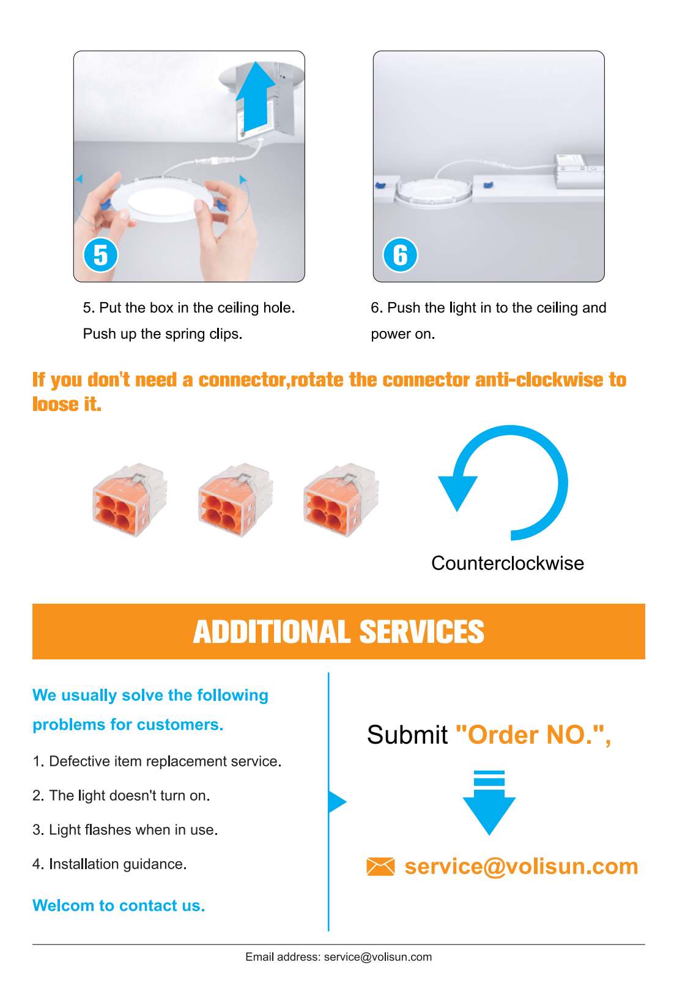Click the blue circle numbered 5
(x=100, y=255)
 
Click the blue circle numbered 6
(x=400, y=255)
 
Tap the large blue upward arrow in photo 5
(x=256, y=97)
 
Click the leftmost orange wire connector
(x=130, y=500)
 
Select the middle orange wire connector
(x=235, y=500)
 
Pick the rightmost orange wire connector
(x=341, y=500)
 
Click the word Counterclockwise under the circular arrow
(x=507, y=563)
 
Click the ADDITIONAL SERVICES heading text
(x=339, y=632)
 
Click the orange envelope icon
(x=380, y=867)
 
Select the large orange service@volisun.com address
(x=521, y=867)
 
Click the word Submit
(x=407, y=735)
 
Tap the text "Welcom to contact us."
(x=119, y=906)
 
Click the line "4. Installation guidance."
(x=109, y=864)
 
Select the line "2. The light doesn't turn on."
(x=121, y=796)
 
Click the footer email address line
(x=339, y=957)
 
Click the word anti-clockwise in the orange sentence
(x=539, y=380)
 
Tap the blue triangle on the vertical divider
(x=338, y=802)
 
